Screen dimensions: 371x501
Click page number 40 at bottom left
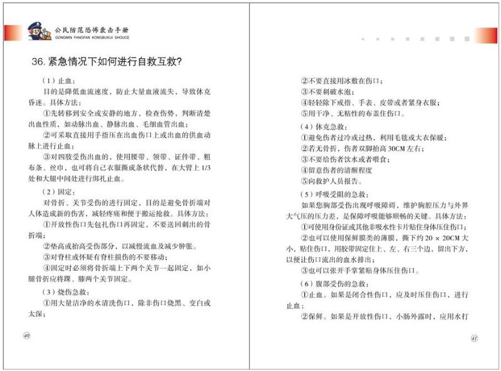coord(26,336)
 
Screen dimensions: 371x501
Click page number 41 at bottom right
coord(474,338)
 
